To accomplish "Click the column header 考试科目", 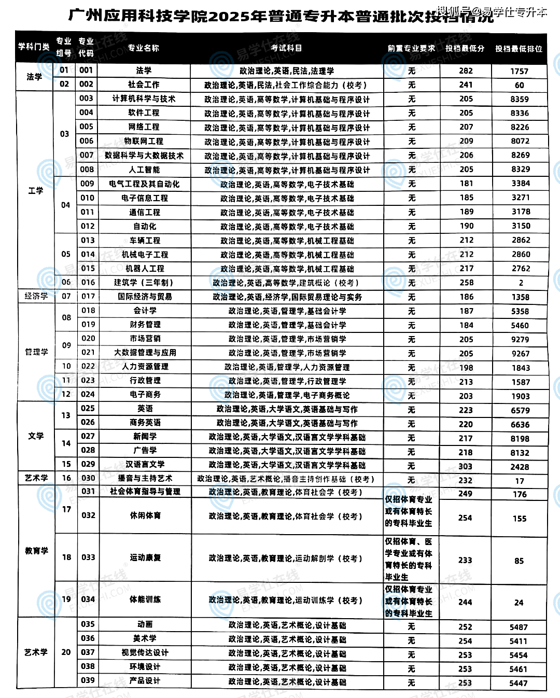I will [286, 48].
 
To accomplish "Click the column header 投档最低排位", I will [519, 49].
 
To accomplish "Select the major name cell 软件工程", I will [144, 113].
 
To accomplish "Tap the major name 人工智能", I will [144, 170].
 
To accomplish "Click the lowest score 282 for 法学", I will [466, 71].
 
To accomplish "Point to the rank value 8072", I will [520, 141].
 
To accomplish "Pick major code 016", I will [88, 282].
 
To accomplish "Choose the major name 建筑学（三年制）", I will [144, 283].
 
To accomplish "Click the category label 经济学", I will [36, 296].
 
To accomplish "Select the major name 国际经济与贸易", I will [145, 297].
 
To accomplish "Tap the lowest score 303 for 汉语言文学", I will [465, 466].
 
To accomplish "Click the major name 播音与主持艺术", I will [145, 478].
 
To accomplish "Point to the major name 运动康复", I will [145, 557].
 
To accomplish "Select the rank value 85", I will [519, 561].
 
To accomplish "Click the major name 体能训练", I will [145, 599].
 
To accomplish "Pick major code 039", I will [88, 680].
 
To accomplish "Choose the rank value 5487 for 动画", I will [519, 627].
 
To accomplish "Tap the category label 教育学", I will [36, 551].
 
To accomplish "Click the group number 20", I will [66, 652].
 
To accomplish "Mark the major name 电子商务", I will [145, 394].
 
